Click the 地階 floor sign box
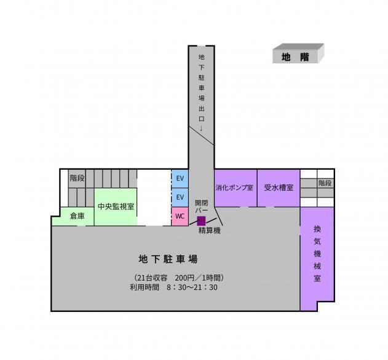298,54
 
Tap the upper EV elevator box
180,178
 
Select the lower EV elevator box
180,198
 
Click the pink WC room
180,216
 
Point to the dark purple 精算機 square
201,221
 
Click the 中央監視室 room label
116,206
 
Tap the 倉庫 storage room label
77,216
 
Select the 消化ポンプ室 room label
234,188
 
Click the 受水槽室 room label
279,188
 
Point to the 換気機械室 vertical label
317,254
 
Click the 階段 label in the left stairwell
77,178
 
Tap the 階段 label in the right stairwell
325,183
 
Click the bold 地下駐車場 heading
168,259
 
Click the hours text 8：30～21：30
192,287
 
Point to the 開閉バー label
202,206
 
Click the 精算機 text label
210,231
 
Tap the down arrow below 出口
202,128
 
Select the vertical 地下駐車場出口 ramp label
202,88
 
